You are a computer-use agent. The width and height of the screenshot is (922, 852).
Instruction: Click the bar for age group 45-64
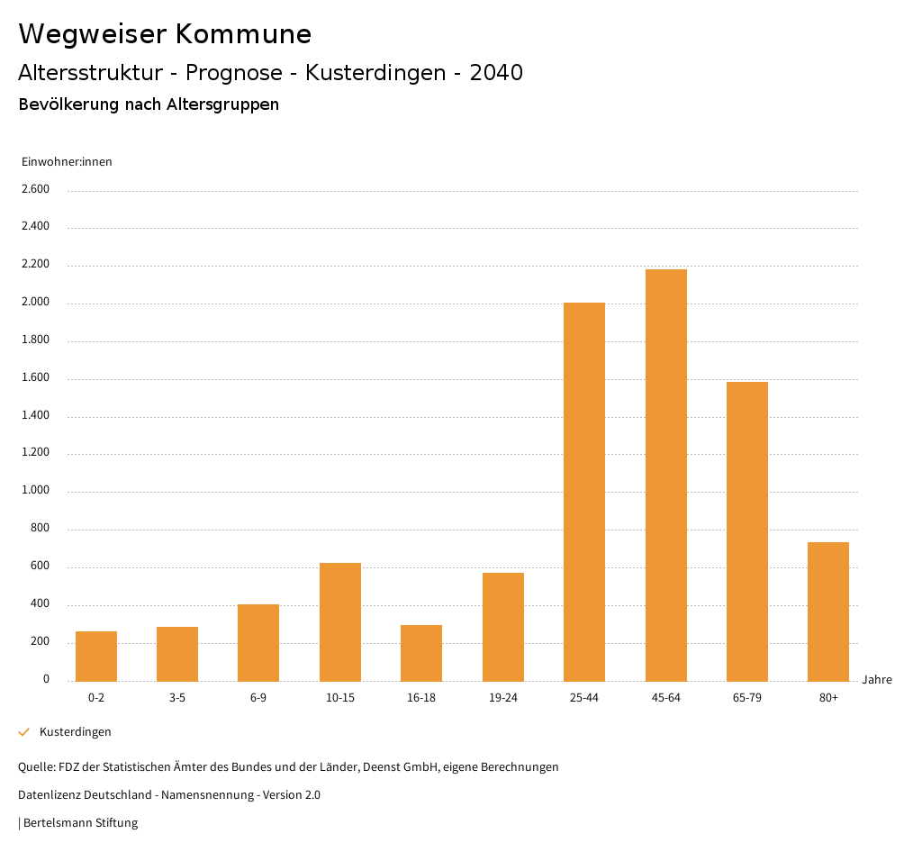665,475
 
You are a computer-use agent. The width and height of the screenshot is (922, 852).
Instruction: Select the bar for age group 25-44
584,492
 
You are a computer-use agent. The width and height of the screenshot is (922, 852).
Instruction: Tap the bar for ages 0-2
96,656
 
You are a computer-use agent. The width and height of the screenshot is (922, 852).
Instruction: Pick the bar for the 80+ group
828,612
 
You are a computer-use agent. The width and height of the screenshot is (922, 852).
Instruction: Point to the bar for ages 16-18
421,653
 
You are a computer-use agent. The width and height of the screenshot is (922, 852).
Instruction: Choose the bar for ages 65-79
747,531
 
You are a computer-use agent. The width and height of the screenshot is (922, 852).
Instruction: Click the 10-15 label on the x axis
340,698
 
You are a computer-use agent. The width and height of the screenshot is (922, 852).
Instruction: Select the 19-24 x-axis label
503,698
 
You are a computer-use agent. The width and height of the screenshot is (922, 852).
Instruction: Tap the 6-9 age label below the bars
258,698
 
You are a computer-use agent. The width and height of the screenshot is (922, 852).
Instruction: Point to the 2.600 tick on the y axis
35,189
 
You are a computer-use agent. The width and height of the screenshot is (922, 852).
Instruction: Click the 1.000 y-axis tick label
35,491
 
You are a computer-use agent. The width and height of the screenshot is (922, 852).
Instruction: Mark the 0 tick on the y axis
46,679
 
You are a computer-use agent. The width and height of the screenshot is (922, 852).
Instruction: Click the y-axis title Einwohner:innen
67,162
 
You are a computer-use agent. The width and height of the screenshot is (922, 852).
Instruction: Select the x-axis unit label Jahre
877,680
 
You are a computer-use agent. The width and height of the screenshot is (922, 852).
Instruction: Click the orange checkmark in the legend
24,732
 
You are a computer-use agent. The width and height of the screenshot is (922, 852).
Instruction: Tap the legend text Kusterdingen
76,732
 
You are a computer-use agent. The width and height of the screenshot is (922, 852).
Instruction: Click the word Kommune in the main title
243,34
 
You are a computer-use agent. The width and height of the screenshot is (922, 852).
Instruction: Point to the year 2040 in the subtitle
496,73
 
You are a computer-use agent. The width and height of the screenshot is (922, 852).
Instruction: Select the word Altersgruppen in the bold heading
222,104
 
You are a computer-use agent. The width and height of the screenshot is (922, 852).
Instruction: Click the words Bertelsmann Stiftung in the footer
80,823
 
